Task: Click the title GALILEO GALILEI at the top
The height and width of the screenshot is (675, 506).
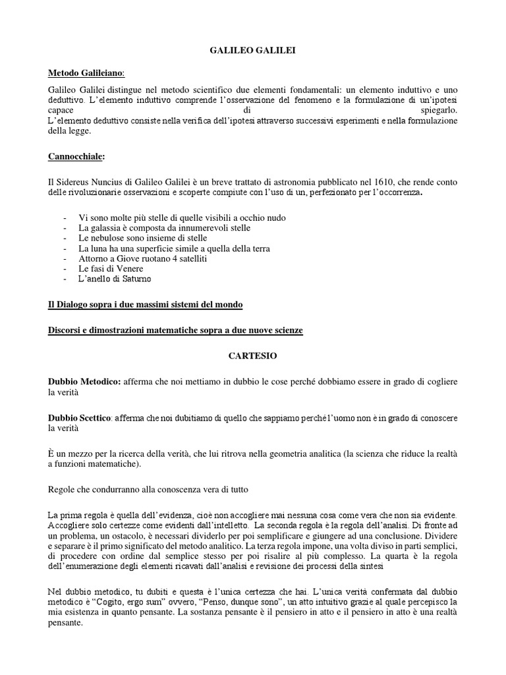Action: coord(253,49)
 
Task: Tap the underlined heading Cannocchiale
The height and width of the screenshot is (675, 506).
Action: coord(76,157)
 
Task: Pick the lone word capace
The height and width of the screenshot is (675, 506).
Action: coord(63,110)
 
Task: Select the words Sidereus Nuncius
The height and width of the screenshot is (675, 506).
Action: coord(85,181)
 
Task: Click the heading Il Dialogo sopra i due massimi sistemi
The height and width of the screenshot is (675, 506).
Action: coord(146,305)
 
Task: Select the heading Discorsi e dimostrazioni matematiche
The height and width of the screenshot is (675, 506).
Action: coord(175,330)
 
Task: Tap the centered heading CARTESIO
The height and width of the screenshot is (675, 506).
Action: coord(253,355)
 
